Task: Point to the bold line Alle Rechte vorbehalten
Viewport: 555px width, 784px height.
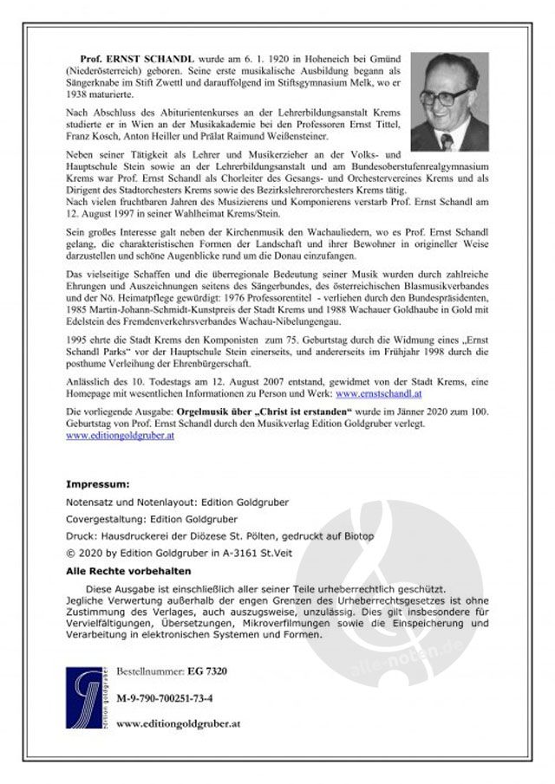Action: pyautogui.click(x=128, y=572)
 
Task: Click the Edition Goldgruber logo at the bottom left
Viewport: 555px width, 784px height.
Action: pyautogui.click(x=84, y=700)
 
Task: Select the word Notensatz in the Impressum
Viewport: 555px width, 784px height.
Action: pyautogui.click(x=92, y=502)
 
